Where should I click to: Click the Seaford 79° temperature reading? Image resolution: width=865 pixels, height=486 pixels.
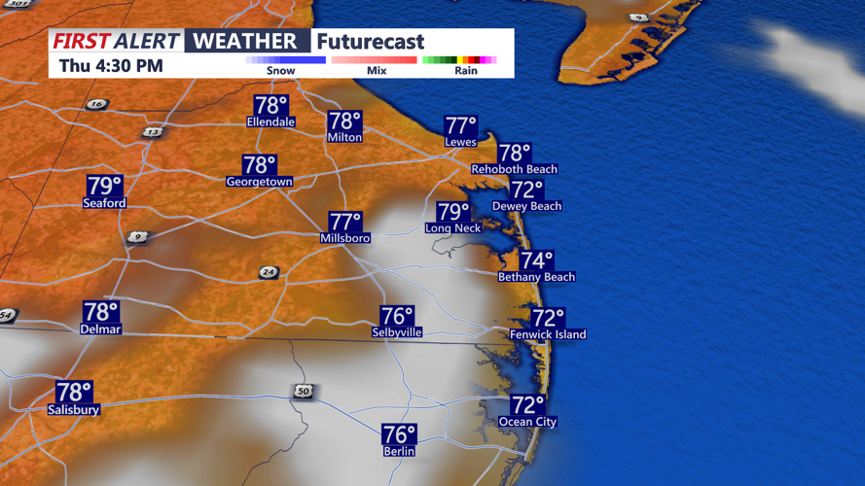point(105,186)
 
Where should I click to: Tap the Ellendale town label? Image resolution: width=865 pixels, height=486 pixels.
point(270,122)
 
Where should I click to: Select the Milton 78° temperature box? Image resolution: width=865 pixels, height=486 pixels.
point(344,121)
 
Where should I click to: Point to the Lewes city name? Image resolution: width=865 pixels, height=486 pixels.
point(460,142)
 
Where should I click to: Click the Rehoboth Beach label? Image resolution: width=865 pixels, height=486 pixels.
point(514,169)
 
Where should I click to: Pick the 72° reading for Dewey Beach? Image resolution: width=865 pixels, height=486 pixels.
point(526,190)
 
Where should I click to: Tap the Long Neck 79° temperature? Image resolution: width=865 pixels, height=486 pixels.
point(453,212)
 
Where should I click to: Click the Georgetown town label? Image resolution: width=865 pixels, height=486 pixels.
point(259,182)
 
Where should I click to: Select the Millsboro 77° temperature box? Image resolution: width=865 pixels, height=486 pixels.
point(344,222)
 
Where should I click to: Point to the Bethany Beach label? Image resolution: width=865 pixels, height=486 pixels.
point(536,277)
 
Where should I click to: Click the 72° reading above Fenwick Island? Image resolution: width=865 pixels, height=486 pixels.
point(548,318)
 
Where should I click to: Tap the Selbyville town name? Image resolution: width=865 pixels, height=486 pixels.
point(396,332)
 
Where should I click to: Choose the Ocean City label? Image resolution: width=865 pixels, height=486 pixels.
point(527,422)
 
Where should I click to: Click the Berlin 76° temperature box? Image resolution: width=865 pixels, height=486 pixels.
point(399,434)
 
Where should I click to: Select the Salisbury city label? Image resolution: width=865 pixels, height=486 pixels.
point(73,410)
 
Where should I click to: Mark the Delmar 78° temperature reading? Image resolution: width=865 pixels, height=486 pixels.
point(100,312)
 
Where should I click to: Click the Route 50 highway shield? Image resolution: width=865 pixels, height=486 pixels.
point(303,391)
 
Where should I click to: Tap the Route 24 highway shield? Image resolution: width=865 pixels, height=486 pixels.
point(268,273)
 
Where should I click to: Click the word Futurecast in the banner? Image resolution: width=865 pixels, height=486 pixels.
point(371,42)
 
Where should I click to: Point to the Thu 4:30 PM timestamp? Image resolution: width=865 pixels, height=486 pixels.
point(111,66)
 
